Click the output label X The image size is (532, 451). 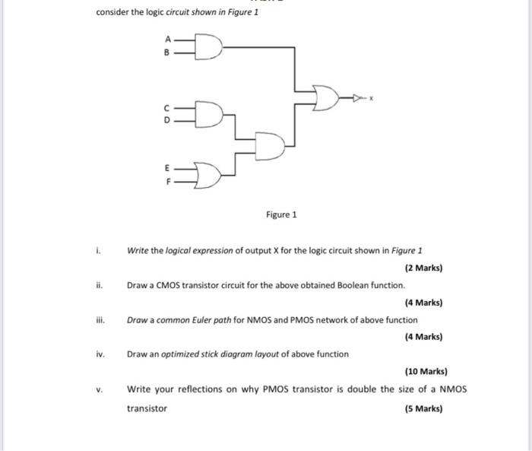[372, 97]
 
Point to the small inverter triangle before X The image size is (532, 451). [357, 97]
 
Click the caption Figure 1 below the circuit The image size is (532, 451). [281, 215]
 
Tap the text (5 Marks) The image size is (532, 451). [426, 408]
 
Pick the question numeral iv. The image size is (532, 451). [100, 354]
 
